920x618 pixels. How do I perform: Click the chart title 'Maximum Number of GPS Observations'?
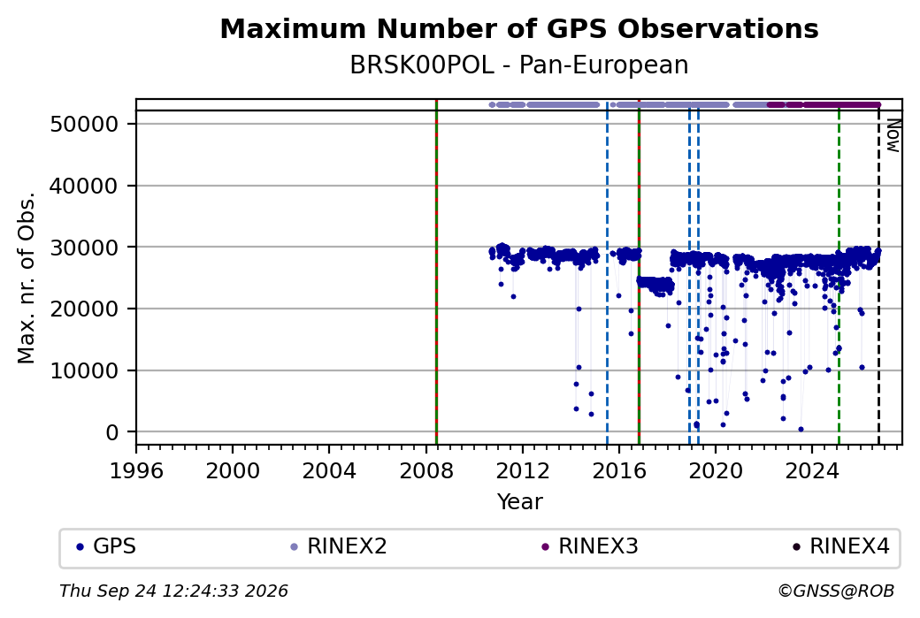pyautogui.click(x=519, y=28)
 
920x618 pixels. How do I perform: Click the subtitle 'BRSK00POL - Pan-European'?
pyautogui.click(x=519, y=65)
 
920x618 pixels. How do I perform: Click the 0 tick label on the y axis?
pyautogui.click(x=112, y=432)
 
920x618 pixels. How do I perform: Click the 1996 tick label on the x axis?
pyautogui.click(x=136, y=471)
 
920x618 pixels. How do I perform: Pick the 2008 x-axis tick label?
pyautogui.click(x=426, y=471)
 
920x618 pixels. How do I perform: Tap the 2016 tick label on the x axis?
pyautogui.click(x=619, y=471)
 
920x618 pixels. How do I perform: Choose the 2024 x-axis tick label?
pyautogui.click(x=812, y=471)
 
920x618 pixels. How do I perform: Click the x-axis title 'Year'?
pyautogui.click(x=520, y=502)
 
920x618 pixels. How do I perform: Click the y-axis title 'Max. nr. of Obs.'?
pyautogui.click(x=27, y=278)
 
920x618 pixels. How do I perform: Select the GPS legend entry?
pyautogui.click(x=107, y=546)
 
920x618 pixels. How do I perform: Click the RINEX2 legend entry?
pyautogui.click(x=339, y=546)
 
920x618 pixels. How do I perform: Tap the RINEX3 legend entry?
pyautogui.click(x=590, y=546)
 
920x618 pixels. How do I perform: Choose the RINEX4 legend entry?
pyautogui.click(x=841, y=546)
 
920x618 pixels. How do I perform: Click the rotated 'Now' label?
pyautogui.click(x=893, y=135)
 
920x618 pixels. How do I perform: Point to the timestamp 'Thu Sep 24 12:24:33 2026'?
pyautogui.click(x=173, y=591)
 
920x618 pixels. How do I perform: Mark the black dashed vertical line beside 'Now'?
pyautogui.click(x=878, y=278)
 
